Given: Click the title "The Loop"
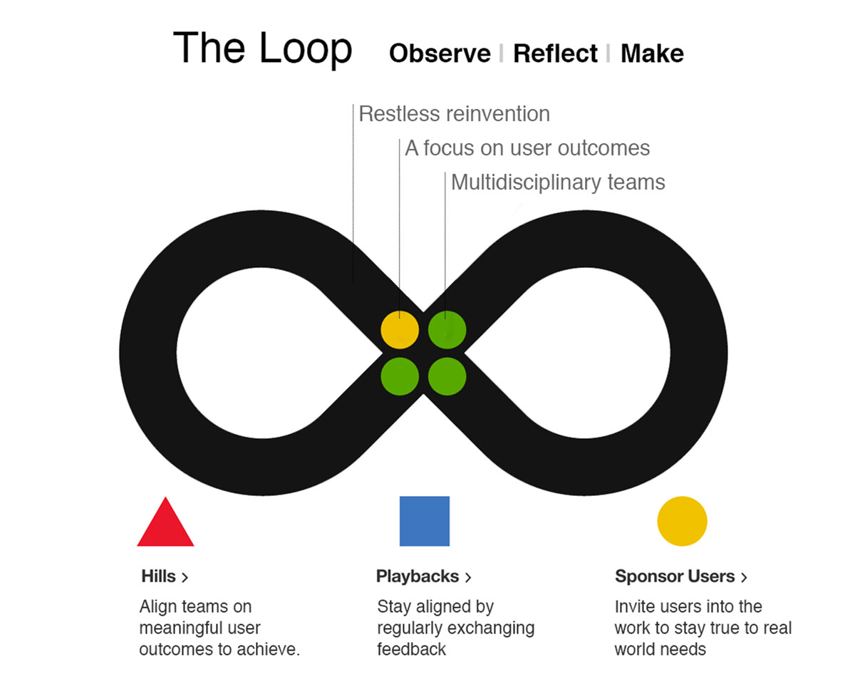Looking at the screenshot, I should point(262,49).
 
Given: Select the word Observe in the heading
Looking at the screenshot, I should point(440,54).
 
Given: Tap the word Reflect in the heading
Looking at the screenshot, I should point(555,54).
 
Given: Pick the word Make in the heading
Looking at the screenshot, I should point(652,54).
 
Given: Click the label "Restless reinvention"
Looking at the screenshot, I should point(454,114).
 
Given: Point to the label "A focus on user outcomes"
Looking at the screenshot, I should point(527,148).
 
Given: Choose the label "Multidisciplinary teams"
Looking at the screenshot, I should point(558,182).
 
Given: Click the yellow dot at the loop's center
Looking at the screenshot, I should point(400,330).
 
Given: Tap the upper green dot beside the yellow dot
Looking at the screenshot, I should point(447,330).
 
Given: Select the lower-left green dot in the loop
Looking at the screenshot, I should point(400,376).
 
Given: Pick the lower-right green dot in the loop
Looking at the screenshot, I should point(447,376).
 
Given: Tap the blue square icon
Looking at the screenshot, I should point(425,521).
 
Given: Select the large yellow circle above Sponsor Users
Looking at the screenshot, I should point(682,521).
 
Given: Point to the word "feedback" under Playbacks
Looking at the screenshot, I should point(411,649).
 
